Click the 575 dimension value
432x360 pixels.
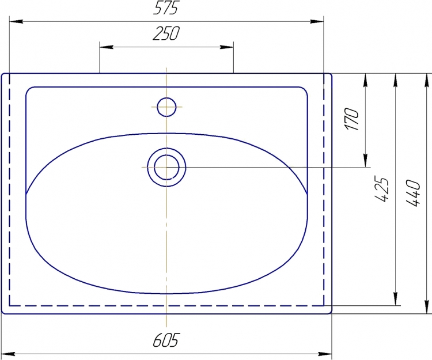tap(166, 7)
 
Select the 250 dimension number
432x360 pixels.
tap(166, 33)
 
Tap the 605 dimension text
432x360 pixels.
tap(166, 340)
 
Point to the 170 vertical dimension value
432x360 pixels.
tap(352, 119)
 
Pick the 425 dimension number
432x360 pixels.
tap(382, 190)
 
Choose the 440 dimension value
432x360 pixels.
tap(413, 193)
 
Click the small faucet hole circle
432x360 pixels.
tap(166, 107)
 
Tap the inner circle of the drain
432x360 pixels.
tap(166, 167)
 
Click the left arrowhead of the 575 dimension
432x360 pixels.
tap(16, 21)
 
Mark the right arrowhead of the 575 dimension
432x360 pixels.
tap(317, 21)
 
